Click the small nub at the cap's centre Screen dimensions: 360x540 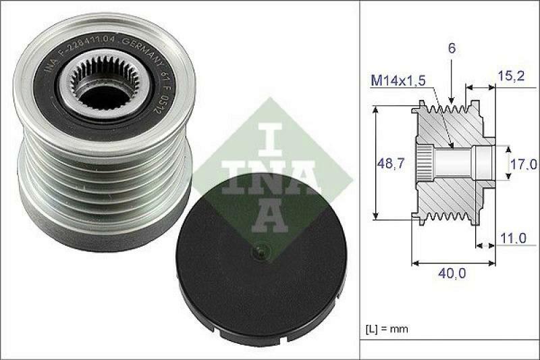259,253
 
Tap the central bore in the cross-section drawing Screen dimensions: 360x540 459,162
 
